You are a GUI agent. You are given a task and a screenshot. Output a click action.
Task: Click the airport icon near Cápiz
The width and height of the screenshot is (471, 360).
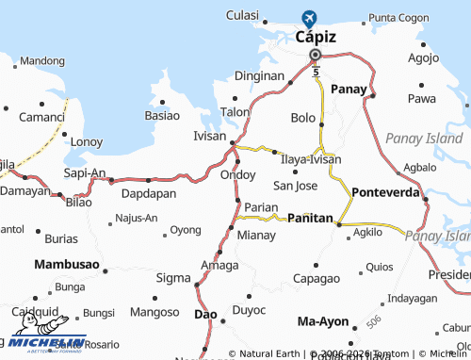(x=309, y=17)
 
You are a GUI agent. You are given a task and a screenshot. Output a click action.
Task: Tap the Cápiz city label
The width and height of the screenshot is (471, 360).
(x=316, y=38)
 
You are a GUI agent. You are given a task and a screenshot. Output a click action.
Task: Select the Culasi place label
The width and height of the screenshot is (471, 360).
(x=242, y=15)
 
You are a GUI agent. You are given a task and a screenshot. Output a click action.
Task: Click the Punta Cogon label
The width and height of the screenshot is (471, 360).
(x=398, y=18)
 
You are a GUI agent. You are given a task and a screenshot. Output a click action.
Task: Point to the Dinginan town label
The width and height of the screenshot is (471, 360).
(x=258, y=75)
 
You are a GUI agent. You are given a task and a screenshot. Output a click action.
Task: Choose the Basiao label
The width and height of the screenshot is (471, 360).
(x=162, y=116)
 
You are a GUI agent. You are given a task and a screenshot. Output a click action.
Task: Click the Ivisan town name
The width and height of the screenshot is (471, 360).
(x=209, y=136)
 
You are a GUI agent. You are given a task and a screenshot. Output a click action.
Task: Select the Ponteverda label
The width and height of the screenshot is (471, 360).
(x=385, y=191)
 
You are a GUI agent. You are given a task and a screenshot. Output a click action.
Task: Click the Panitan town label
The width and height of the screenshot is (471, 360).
(x=310, y=218)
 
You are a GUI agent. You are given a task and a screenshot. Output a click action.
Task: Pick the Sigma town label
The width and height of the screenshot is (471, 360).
(x=172, y=277)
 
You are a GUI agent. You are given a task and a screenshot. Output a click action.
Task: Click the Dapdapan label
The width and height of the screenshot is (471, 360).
(x=149, y=193)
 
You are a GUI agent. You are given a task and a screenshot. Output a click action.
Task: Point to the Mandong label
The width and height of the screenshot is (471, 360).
(x=41, y=61)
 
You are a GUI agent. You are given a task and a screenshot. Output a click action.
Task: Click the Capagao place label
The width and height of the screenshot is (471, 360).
(x=316, y=278)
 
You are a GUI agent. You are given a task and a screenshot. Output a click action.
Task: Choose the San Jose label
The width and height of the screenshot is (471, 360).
(x=295, y=186)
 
